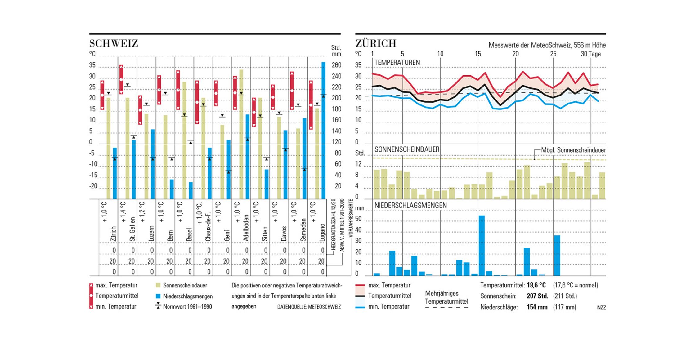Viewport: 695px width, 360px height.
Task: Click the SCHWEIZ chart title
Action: (x=114, y=43)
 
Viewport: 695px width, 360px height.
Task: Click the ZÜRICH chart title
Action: (x=376, y=43)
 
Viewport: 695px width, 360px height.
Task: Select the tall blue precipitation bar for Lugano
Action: (x=323, y=130)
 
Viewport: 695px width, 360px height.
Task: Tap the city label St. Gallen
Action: (x=132, y=229)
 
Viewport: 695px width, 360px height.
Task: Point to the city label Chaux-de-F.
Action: (x=208, y=227)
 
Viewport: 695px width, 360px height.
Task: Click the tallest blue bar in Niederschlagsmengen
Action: (x=482, y=245)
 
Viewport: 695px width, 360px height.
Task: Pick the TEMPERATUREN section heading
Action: (x=397, y=63)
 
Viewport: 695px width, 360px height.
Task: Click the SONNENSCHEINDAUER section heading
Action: (x=406, y=149)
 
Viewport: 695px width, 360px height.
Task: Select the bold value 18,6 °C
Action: (x=536, y=285)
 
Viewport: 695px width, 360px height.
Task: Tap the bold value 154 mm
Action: (x=537, y=307)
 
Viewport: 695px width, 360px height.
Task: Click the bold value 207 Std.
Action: (x=537, y=296)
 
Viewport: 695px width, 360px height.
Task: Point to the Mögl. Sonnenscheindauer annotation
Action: (x=573, y=150)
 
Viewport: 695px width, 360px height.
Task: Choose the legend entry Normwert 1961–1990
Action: (x=187, y=307)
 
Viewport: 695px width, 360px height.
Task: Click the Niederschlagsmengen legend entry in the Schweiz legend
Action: (x=188, y=296)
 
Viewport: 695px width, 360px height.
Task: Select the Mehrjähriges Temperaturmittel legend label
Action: (x=446, y=297)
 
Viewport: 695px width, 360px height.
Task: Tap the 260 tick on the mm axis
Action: (x=336, y=65)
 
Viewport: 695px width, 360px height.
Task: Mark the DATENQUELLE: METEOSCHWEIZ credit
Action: (x=309, y=307)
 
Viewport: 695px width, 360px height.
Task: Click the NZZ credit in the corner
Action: (x=601, y=308)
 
